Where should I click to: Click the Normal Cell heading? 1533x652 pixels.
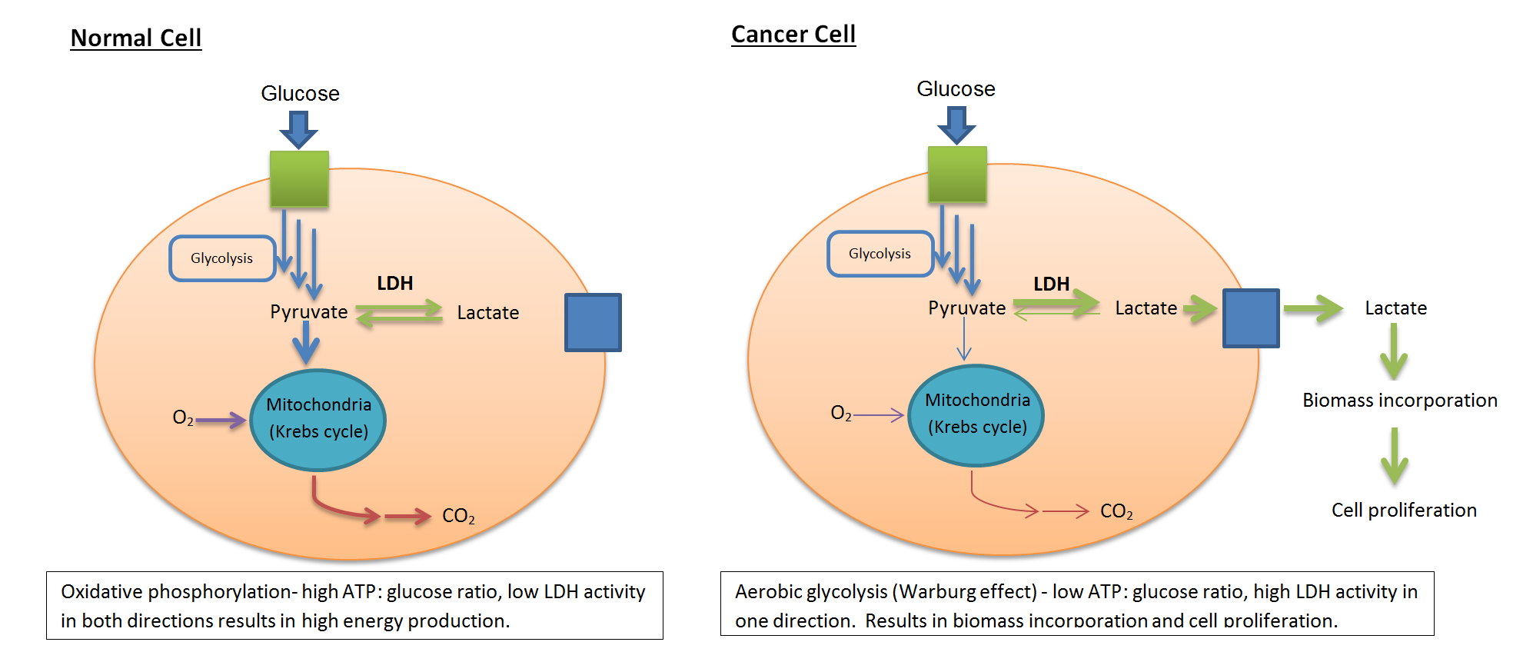tap(136, 38)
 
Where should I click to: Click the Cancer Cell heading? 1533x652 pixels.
tap(793, 35)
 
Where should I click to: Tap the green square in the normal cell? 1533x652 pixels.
tap(299, 178)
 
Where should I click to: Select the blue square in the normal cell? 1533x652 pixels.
tap(593, 322)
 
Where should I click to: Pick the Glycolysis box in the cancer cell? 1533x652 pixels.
tap(880, 254)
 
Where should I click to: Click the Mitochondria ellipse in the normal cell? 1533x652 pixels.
tap(318, 420)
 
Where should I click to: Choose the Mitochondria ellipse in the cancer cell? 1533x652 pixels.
tap(976, 415)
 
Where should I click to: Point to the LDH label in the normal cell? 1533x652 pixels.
tap(395, 284)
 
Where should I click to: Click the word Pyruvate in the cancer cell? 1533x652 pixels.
tap(966, 308)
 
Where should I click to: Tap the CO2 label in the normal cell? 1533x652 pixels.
tap(458, 516)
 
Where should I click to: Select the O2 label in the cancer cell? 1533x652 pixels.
tap(841, 414)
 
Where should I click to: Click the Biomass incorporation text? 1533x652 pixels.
tap(1399, 401)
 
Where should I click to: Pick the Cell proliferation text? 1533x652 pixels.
tap(1404, 511)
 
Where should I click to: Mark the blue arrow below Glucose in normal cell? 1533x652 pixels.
tap(299, 129)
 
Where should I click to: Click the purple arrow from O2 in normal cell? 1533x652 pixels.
tap(221, 421)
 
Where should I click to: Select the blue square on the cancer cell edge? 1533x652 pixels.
tap(1251, 318)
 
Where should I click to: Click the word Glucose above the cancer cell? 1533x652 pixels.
tap(956, 89)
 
